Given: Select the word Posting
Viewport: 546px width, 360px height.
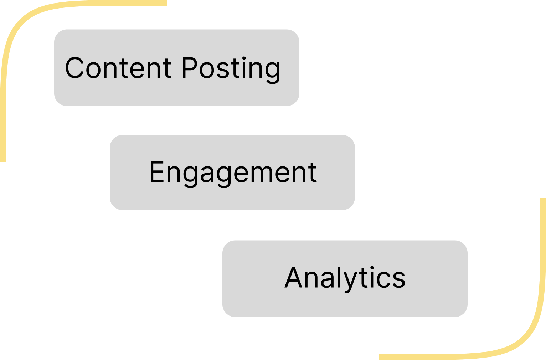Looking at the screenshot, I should [231, 68].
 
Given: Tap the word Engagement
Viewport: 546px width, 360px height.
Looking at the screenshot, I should [233, 173].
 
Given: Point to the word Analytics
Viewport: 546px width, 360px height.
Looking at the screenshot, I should [345, 278].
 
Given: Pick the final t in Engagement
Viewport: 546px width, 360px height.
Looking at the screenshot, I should [313, 173].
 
